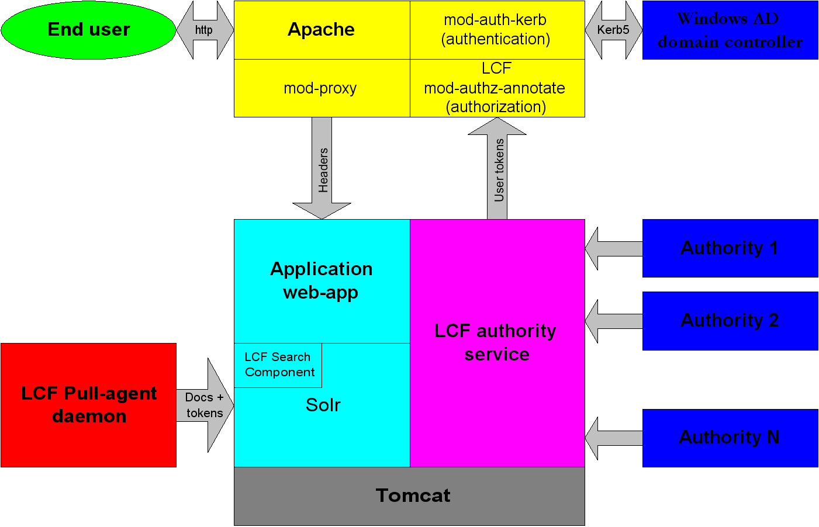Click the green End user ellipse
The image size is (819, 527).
pos(88,30)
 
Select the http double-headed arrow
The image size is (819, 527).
pos(205,30)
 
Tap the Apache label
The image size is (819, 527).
pos(321,30)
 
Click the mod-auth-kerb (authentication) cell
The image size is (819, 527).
pos(496,30)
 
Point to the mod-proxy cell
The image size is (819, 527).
pos(321,88)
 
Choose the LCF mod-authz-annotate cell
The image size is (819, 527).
pos(496,88)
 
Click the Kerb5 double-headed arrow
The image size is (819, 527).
pos(613,30)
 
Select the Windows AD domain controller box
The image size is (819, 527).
pos(730,30)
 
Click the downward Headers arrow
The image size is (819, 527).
pos(322,169)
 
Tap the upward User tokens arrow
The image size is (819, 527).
pos(497,169)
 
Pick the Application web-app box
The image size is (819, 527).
pos(321,280)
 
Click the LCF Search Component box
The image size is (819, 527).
pos(278,365)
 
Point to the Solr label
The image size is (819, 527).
pos(323,405)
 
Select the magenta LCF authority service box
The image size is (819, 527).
pos(497,343)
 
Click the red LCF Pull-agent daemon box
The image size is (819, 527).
pos(88,405)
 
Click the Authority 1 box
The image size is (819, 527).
pos(730,248)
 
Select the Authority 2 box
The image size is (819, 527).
pos(730,321)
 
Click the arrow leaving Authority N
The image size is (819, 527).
pos(614,438)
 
